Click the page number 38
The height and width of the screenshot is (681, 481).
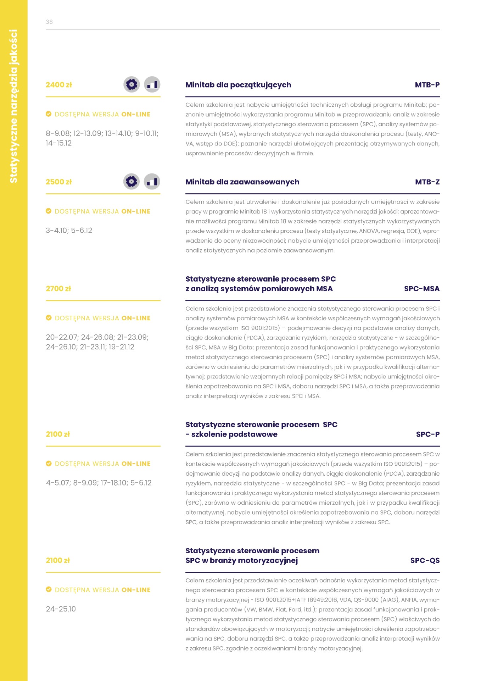49,22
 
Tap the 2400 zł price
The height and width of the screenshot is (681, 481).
59,85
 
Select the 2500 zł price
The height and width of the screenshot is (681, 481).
59,182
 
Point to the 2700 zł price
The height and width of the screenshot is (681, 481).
58,289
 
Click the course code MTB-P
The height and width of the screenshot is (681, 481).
427,85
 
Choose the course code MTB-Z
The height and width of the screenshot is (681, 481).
427,182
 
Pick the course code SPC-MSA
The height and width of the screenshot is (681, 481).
421,289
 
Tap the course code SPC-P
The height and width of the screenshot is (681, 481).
427,434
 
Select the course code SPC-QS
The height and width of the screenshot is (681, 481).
425,560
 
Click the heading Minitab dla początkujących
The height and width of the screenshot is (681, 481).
238,85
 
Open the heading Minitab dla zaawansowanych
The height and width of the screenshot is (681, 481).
242,182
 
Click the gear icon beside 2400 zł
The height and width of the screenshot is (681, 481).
132,85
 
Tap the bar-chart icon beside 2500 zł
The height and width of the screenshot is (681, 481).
152,182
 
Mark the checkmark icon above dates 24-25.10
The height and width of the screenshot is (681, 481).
49,589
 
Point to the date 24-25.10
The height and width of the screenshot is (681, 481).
61,609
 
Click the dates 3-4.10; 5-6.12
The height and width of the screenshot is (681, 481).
69,231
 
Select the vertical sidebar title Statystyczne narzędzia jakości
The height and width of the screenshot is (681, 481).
13,106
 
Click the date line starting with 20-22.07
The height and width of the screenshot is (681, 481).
97,337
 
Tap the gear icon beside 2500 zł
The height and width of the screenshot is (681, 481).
132,182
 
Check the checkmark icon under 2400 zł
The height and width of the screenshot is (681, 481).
49,114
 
